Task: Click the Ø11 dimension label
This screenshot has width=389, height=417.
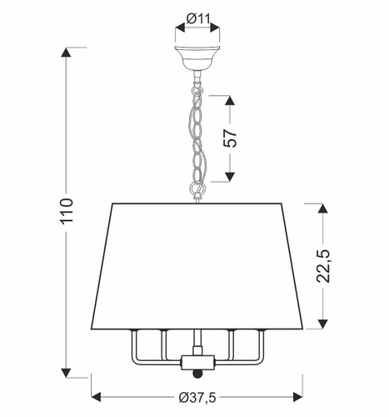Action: (197, 14)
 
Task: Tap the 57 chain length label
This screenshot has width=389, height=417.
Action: (232, 138)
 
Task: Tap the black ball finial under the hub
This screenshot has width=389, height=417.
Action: (197, 374)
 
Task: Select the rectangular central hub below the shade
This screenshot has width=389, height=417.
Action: (197, 363)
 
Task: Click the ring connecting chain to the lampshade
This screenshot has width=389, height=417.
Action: (197, 191)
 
